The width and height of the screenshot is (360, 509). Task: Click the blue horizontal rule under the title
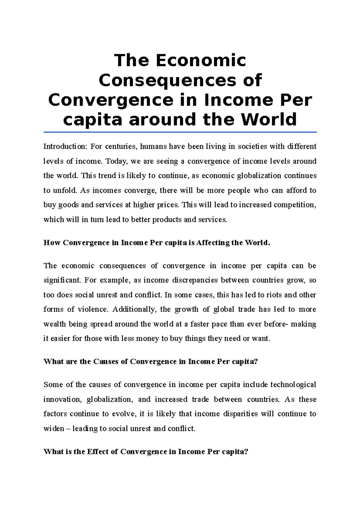(x=180, y=132)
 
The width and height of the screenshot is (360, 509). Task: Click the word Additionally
(x=134, y=309)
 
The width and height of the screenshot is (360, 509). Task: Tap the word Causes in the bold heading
(x=106, y=362)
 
